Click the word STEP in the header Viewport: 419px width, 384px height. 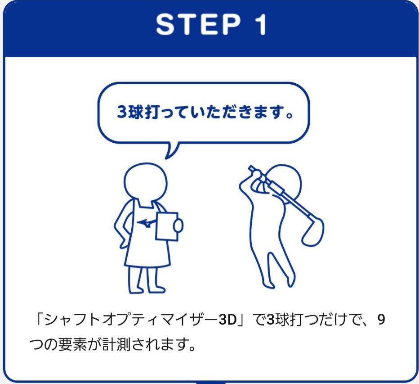(x=198, y=24)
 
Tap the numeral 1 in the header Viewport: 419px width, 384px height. (x=261, y=24)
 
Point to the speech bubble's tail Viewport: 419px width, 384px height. (x=171, y=150)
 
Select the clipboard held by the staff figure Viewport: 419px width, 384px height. (x=167, y=226)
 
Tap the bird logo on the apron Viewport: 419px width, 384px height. (x=145, y=222)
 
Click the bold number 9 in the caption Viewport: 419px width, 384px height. (x=381, y=320)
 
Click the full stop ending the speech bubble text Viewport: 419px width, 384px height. (x=290, y=116)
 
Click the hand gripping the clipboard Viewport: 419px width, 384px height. (x=178, y=226)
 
